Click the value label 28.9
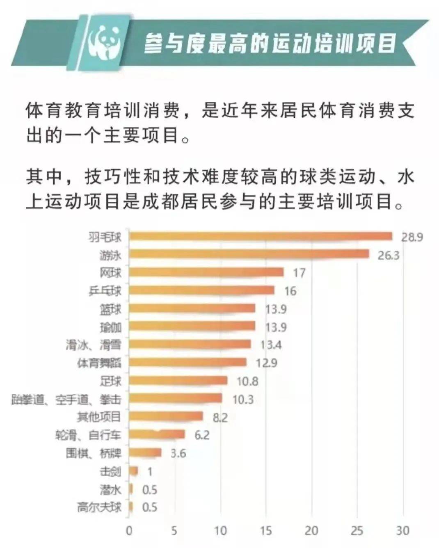point(412,237)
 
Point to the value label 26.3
point(388,255)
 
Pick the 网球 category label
point(110,273)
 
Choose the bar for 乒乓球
point(201,290)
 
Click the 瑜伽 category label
point(110,327)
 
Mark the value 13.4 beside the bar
point(271,345)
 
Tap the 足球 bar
point(178,381)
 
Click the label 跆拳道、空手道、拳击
point(66,399)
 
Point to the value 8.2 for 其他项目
point(220,418)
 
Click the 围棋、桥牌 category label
point(94,453)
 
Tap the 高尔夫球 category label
point(99,507)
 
